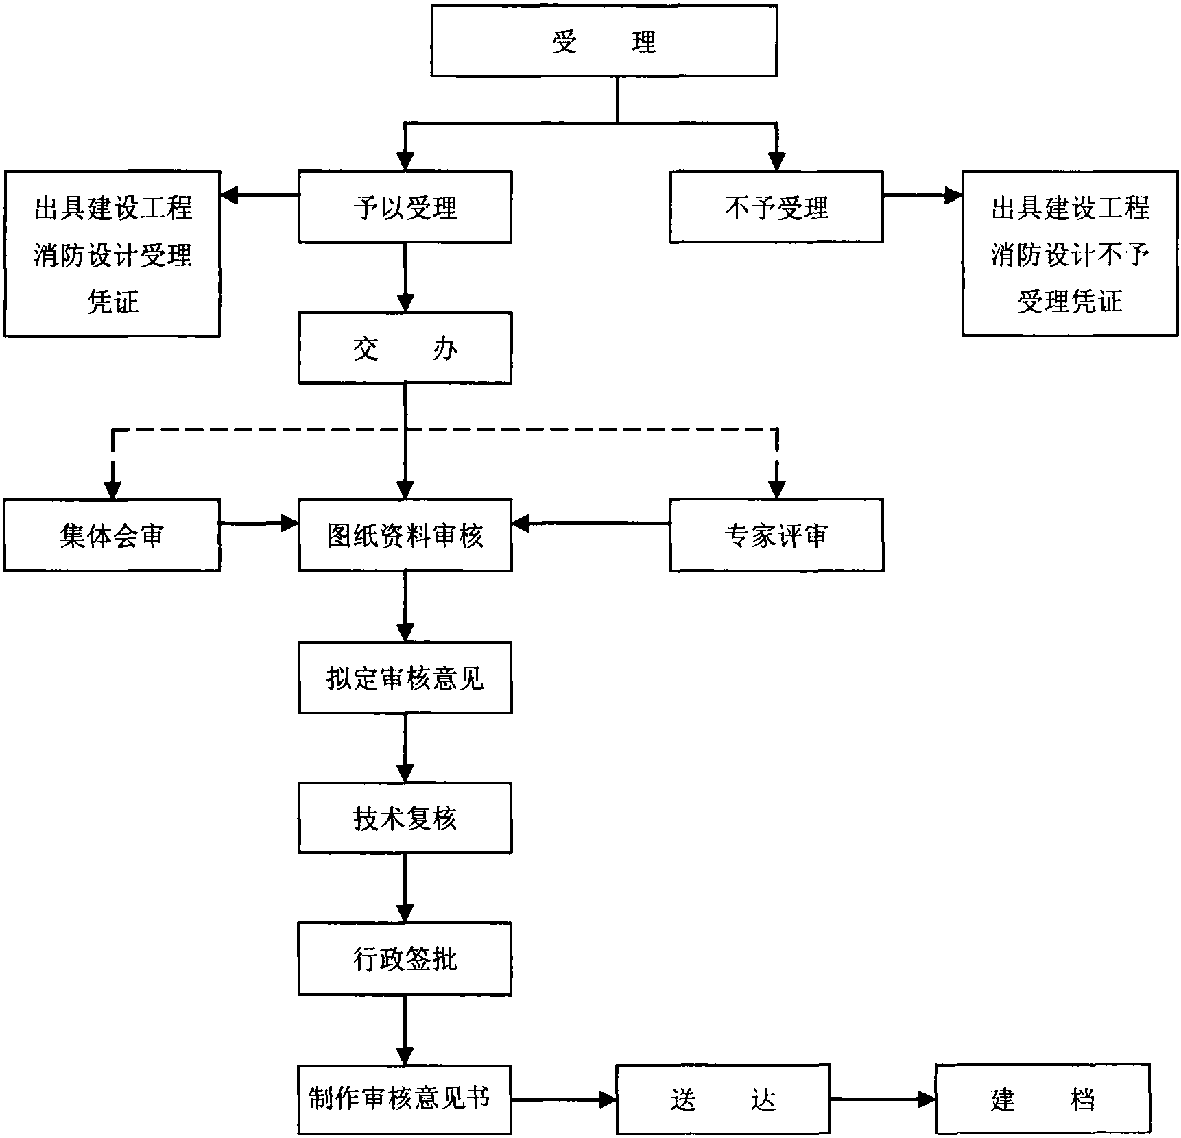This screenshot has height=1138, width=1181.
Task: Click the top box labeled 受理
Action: coord(604,40)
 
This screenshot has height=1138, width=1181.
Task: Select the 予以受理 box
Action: coord(405,206)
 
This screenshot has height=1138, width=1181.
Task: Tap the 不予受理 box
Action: coord(776,206)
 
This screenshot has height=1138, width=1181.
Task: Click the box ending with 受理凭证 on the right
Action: coord(1070,254)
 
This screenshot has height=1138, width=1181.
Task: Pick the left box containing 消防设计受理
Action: coord(112,254)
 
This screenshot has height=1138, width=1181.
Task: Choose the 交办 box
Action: coord(405,348)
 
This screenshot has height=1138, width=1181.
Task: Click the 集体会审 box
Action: coord(112,535)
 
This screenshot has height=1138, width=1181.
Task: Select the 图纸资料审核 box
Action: coord(405,535)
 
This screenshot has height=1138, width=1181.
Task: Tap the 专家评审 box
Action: coord(776,535)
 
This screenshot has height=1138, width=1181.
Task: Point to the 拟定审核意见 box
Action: coord(405,677)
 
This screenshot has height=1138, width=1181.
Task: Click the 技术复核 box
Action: coord(405,818)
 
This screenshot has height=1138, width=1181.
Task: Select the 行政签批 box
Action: coord(405,958)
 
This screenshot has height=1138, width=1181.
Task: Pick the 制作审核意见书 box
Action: coord(405,1099)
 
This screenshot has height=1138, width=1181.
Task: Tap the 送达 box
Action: coord(723,1099)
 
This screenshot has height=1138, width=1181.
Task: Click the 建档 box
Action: coord(1042,1099)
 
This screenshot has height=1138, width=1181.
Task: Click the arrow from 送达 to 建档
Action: coord(883,1099)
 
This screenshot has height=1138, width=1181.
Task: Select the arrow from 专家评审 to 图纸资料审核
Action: coord(590,524)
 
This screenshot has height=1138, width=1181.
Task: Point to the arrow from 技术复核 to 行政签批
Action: coord(405,888)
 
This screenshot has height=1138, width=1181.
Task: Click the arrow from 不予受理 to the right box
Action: coord(922,196)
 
